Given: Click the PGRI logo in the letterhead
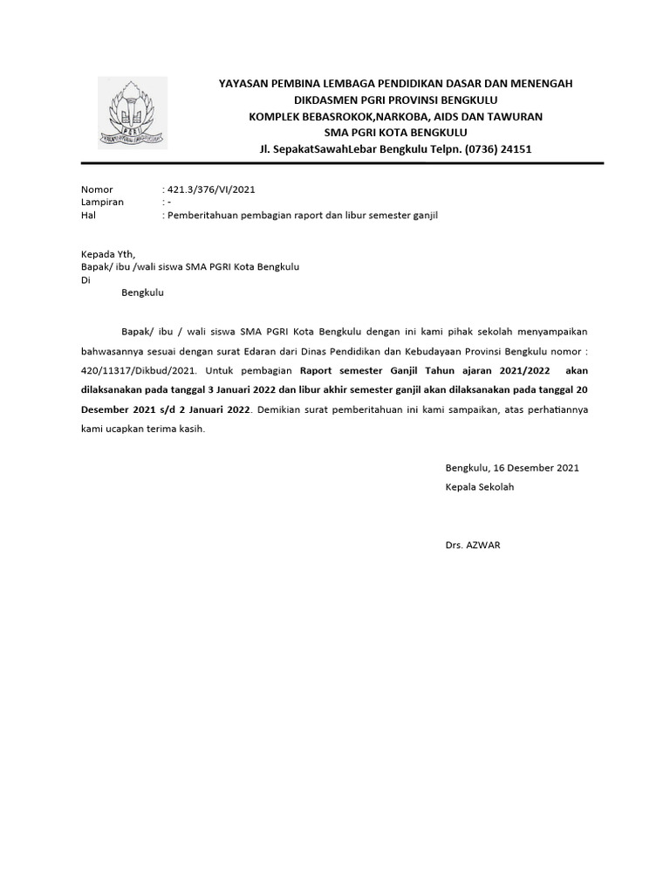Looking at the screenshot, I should tap(133, 113).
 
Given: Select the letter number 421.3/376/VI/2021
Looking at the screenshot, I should tap(211, 189).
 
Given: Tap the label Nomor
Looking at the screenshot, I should tap(97, 189).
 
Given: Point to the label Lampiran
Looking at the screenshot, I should tap(102, 202).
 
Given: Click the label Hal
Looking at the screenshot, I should tap(87, 214).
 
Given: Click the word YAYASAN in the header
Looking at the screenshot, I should tap(244, 83).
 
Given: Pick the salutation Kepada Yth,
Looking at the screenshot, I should tap(108, 255).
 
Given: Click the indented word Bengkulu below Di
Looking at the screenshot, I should tap(141, 293).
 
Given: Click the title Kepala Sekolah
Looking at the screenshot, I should tap(479, 487).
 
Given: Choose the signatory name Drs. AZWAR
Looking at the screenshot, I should tap(473, 545).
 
